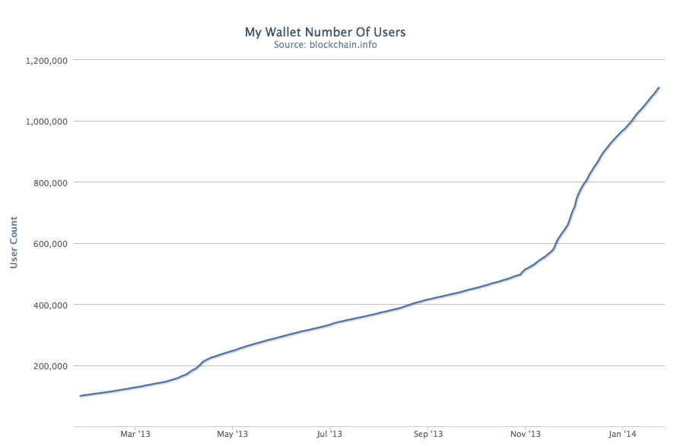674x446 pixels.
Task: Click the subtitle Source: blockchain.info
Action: coord(326,44)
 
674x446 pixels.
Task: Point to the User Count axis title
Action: coord(14,242)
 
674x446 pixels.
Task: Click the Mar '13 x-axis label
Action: coord(135,434)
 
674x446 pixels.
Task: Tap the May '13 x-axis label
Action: coord(233,434)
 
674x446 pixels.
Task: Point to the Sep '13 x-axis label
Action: coord(428,434)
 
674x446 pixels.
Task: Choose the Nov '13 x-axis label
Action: coord(526,434)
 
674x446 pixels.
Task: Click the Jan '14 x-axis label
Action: coord(623,434)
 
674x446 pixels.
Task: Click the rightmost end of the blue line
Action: coord(659,88)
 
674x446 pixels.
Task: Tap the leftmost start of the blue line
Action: coord(80,396)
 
